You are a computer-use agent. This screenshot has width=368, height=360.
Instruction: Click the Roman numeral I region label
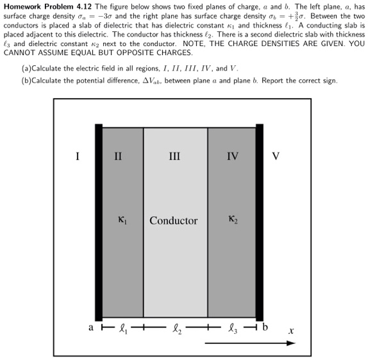coord(77,155)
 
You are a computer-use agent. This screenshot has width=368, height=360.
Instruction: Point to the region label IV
coord(232,155)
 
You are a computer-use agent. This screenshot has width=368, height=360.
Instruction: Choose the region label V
coord(276,155)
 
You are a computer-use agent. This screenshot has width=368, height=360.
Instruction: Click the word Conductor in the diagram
coord(174,220)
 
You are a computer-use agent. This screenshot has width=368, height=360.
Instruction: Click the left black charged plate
coord(98,222)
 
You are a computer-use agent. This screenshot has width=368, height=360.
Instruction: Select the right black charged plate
coord(259,222)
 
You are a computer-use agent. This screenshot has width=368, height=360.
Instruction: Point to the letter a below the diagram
coord(92,331)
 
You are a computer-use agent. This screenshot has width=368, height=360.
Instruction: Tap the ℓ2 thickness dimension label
coord(175,331)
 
